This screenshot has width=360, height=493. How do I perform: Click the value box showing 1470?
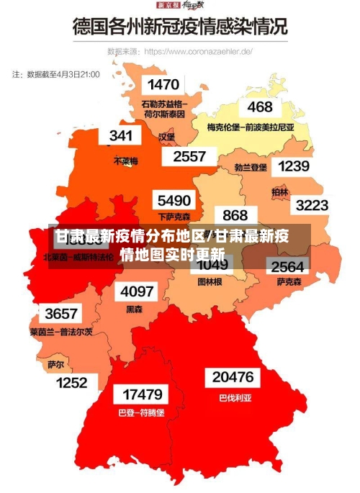(163, 85)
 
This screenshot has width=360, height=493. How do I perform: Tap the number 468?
(260, 107)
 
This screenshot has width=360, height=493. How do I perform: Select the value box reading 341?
(120, 135)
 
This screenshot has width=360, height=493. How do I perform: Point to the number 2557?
(189, 156)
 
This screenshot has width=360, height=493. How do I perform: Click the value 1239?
(293, 166)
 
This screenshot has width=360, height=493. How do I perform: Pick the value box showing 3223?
(311, 205)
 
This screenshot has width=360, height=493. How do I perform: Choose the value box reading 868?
(235, 215)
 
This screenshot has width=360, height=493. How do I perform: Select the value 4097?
(137, 291)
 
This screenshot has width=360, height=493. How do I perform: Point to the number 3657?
(60, 314)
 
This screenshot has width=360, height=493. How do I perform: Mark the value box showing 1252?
(71, 383)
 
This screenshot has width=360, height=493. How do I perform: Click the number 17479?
(142, 394)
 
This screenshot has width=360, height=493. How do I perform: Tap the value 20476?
(233, 377)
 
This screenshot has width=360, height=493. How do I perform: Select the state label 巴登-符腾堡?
(141, 413)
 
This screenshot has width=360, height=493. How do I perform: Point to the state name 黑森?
(135, 309)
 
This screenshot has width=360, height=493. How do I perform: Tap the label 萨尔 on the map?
(55, 365)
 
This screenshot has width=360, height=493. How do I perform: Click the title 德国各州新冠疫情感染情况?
(179, 27)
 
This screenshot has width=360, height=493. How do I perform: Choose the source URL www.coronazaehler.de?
(198, 52)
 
